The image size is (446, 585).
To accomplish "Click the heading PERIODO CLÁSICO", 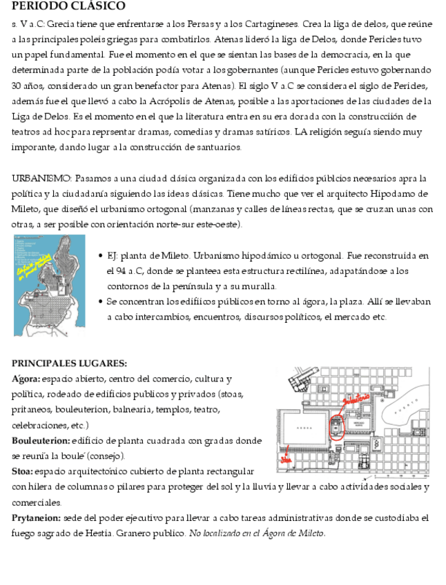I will tap(68, 6).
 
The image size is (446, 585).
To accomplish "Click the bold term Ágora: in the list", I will tap(26, 379).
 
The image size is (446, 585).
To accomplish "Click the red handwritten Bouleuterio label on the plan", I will tap(353, 399).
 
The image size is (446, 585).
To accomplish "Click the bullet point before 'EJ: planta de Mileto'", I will tap(101, 256).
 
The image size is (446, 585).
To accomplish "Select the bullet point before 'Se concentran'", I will tap(101, 302).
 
